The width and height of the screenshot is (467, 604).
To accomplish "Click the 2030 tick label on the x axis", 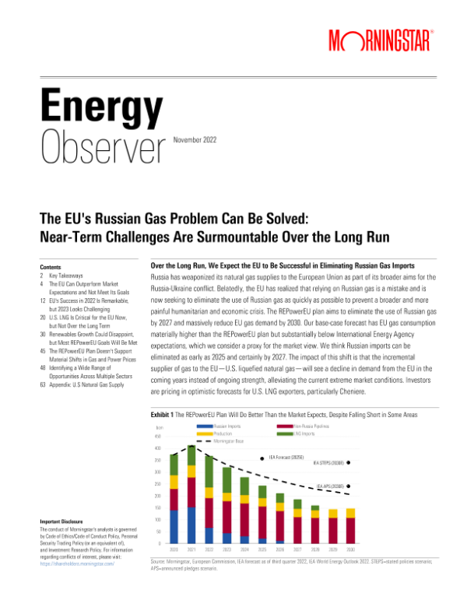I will click(350, 549).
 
